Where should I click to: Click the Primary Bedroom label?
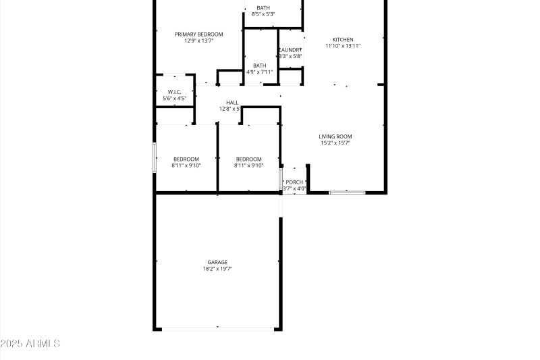click(x=198, y=34)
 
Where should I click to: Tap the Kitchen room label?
click(x=343, y=39)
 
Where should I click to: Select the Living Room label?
click(x=335, y=136)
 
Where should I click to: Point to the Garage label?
click(x=217, y=262)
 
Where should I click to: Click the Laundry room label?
click(x=291, y=50)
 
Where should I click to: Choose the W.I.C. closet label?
click(x=175, y=92)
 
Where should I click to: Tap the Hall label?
click(x=232, y=103)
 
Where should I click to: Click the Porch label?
click(x=294, y=182)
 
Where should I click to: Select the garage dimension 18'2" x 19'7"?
click(x=217, y=269)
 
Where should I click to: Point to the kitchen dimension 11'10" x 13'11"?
click(x=343, y=46)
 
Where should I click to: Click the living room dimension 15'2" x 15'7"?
click(x=335, y=143)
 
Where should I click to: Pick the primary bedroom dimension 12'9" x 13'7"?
click(x=198, y=41)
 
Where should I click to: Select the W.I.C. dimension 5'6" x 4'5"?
click(x=175, y=99)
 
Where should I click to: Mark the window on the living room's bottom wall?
click(x=347, y=193)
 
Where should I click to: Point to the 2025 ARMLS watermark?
click(x=30, y=344)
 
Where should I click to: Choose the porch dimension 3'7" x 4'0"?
click(x=294, y=188)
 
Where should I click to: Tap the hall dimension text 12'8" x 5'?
click(x=230, y=109)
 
